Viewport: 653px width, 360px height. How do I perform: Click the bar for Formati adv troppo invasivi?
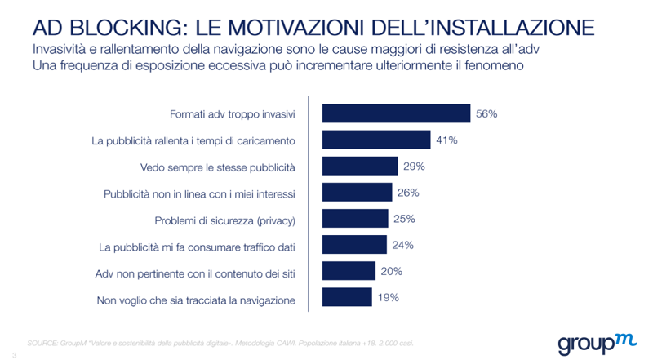click(x=396, y=113)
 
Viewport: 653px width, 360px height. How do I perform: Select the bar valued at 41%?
click(x=376, y=140)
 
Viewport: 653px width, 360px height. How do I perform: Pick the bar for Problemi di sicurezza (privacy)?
click(x=356, y=219)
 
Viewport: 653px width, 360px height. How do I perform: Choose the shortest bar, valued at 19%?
click(x=348, y=298)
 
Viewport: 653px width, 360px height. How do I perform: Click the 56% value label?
click(x=486, y=113)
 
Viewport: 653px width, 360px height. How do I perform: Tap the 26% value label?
click(x=408, y=193)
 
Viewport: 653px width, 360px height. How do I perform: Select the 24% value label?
click(x=403, y=245)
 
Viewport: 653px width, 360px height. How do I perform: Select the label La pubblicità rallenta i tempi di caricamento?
click(x=193, y=141)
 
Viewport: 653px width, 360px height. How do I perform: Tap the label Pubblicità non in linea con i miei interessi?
click(x=199, y=194)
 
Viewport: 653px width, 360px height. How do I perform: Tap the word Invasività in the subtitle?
click(x=64, y=50)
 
